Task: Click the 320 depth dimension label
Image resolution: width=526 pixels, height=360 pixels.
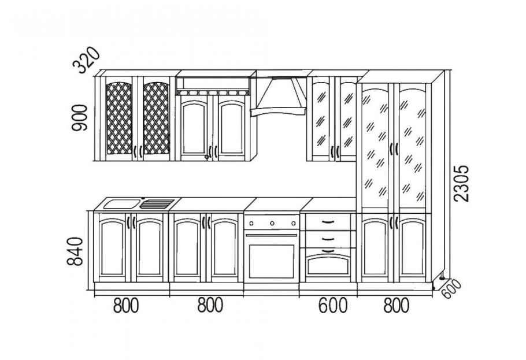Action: click(87, 61)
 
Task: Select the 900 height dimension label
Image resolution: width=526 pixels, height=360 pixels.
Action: click(80, 118)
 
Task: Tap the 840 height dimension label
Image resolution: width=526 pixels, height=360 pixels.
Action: click(75, 251)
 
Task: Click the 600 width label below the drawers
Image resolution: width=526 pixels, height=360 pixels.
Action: click(333, 306)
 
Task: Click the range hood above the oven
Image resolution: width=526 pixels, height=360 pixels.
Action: click(278, 97)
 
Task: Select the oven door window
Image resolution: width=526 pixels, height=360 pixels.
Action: click(272, 261)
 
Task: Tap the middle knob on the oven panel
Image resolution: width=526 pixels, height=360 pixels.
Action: click(272, 223)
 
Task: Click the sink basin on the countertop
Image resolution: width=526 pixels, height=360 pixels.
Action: click(121, 203)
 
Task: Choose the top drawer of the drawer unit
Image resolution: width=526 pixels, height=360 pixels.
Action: click(328, 222)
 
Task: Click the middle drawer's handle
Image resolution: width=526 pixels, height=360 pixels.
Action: click(328, 239)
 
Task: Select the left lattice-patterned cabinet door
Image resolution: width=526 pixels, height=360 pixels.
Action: click(118, 119)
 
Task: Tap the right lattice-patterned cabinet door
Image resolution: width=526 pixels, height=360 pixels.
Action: click(156, 119)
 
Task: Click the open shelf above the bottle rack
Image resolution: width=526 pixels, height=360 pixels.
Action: click(213, 84)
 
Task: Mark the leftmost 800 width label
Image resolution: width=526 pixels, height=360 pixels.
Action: click(126, 306)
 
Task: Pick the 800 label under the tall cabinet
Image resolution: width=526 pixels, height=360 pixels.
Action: click(396, 306)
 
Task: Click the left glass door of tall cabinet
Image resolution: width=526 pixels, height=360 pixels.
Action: click(375, 147)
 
